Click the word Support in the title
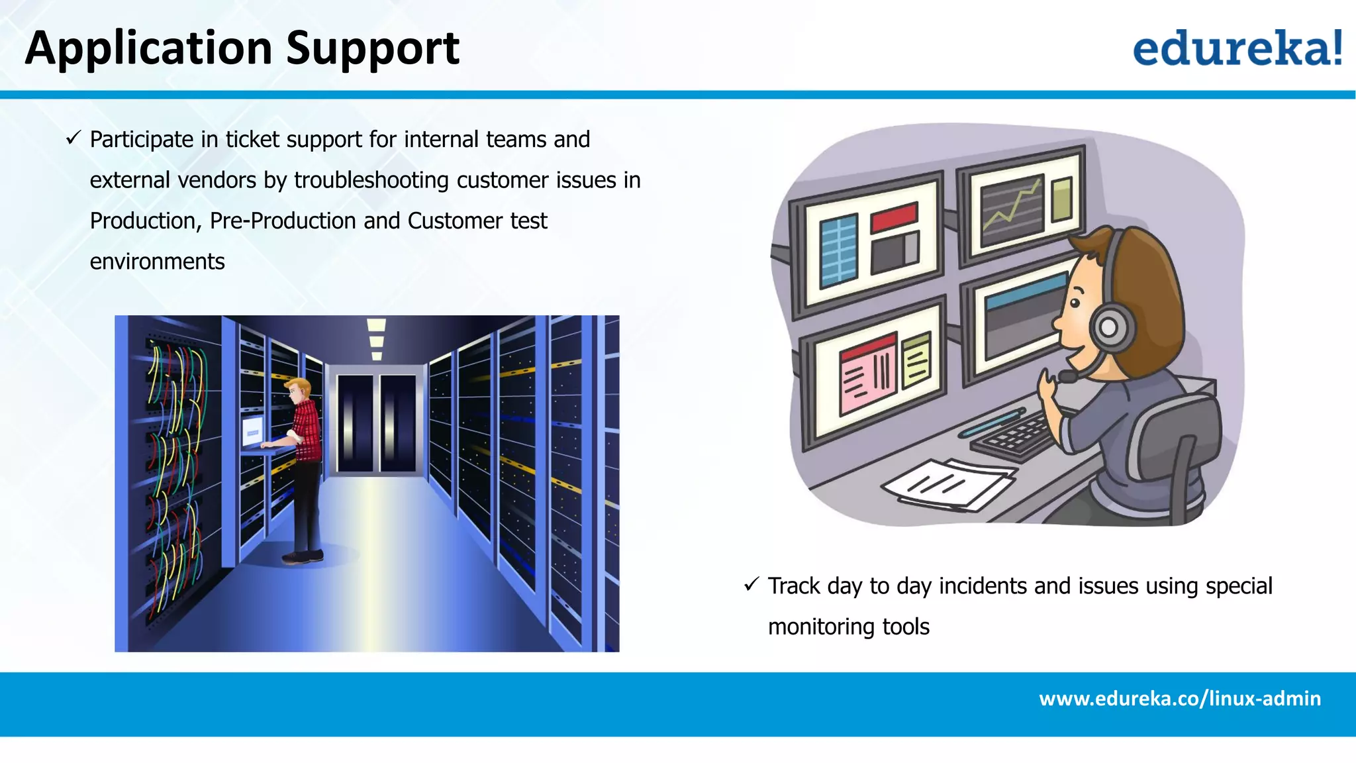pyautogui.click(x=373, y=49)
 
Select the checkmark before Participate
pyautogui.click(x=73, y=138)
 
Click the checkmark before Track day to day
pyautogui.click(x=751, y=584)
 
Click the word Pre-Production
pyautogui.click(x=283, y=221)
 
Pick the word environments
pyautogui.click(x=157, y=262)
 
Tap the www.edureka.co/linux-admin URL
pyautogui.click(x=1179, y=699)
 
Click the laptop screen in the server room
pyautogui.click(x=252, y=431)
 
